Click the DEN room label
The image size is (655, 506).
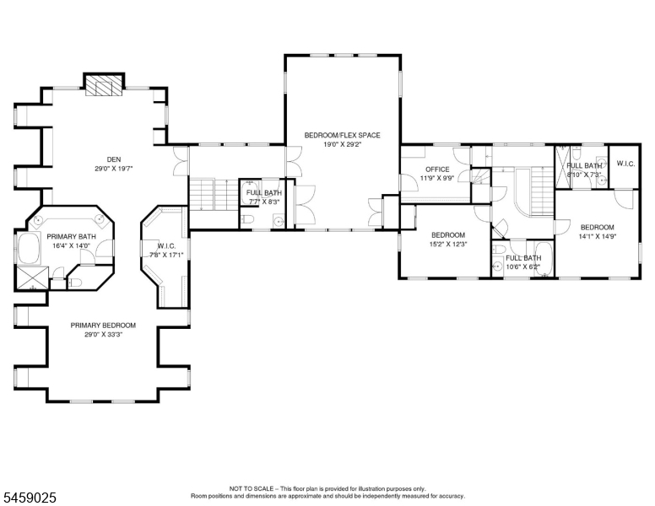click(114, 159)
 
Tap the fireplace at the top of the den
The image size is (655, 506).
click(105, 85)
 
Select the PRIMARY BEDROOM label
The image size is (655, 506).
click(103, 326)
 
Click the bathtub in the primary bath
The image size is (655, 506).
click(29, 249)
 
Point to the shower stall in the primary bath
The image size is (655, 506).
click(32, 277)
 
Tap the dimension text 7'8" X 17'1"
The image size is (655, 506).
click(166, 255)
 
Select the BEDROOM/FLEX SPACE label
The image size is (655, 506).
click(342, 135)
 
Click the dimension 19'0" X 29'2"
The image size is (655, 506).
click(342, 144)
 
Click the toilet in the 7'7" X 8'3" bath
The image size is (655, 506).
click(247, 219)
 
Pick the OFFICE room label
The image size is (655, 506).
click(437, 169)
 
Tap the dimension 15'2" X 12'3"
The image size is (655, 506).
click(448, 245)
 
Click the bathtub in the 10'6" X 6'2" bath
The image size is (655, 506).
click(544, 259)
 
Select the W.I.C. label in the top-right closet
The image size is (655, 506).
click(625, 164)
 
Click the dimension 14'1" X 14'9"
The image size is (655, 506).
click(598, 236)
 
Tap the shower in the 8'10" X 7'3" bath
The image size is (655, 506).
click(562, 166)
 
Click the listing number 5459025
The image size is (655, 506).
click(30, 498)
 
